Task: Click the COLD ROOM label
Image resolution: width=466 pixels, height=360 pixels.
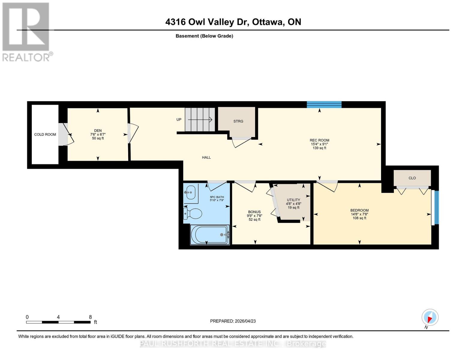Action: [45, 134]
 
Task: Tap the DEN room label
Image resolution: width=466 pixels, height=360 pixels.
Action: [98, 131]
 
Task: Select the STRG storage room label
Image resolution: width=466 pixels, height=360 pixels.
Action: [238, 121]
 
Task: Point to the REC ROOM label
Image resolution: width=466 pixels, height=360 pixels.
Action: [319, 140]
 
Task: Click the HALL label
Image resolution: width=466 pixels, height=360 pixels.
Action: [206, 157]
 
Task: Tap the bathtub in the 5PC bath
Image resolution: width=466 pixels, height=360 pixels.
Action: [210, 235]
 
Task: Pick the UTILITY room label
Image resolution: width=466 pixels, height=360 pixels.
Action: [293, 200]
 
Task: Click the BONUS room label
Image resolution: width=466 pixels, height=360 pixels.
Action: [254, 212]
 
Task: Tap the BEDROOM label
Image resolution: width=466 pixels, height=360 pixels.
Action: [359, 210]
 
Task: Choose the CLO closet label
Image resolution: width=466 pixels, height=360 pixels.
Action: [412, 178]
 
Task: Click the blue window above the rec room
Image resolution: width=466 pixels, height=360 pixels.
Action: [324, 105]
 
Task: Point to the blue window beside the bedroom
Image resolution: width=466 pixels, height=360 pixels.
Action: [437, 207]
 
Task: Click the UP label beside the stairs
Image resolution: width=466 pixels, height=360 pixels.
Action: [179, 119]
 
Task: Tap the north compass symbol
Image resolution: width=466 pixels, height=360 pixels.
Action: [430, 317]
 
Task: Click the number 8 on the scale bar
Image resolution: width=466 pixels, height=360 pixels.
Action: [90, 317]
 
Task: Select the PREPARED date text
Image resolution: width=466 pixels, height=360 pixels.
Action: [233, 321]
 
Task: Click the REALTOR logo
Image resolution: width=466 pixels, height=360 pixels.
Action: [26, 31]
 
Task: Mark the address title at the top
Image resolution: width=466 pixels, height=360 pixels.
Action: [233, 22]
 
